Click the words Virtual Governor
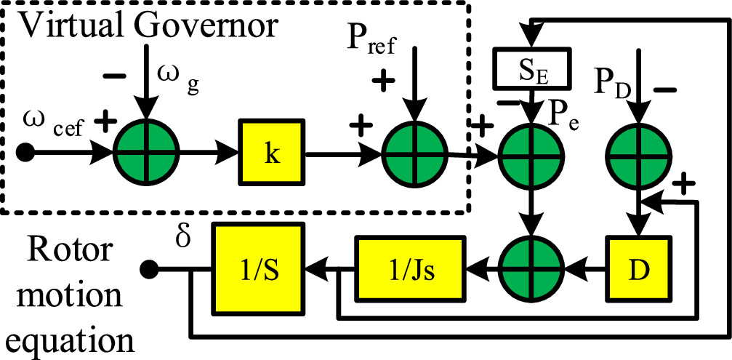(x=148, y=27)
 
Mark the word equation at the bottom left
(x=70, y=341)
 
